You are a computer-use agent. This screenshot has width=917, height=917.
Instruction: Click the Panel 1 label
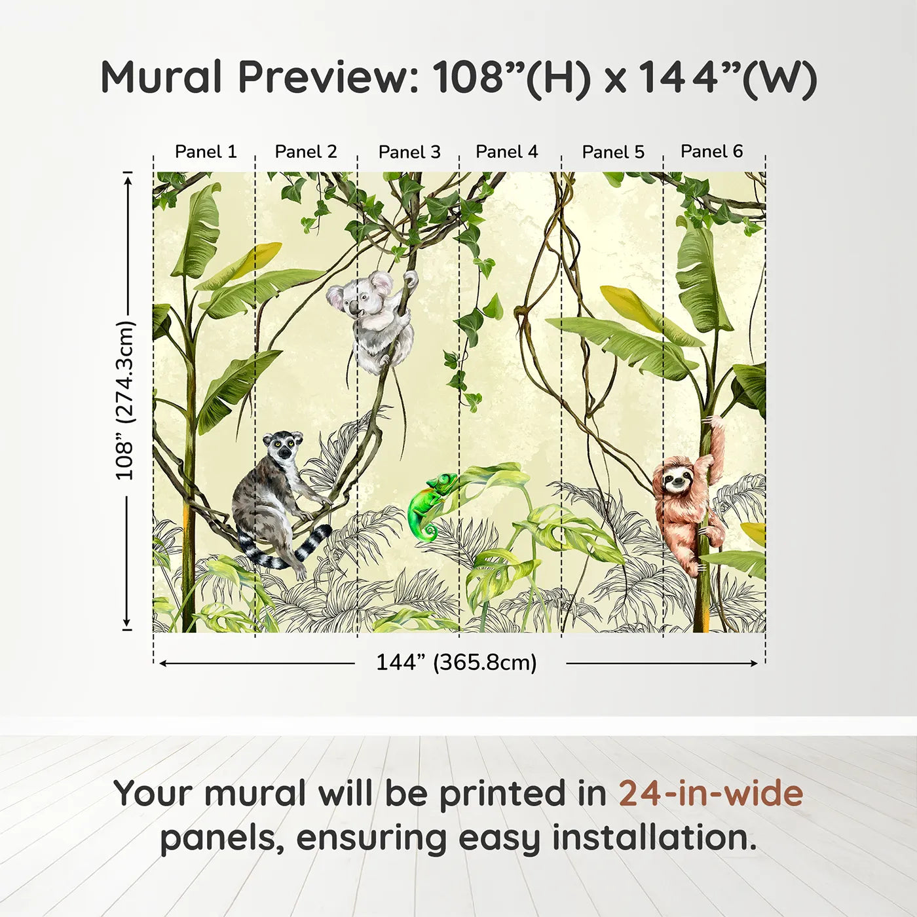tap(206, 152)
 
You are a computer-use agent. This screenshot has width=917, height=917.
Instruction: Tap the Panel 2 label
tap(306, 152)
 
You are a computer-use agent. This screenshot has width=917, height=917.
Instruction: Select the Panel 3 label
tap(409, 152)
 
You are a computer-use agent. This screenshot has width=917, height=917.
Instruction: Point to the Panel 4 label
tap(506, 152)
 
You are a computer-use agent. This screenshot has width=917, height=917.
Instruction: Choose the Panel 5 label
tap(613, 152)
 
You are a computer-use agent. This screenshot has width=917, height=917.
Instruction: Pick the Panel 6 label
tap(711, 151)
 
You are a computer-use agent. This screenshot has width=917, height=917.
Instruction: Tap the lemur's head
tap(284, 447)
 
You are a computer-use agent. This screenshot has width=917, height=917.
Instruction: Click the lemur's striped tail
tap(308, 547)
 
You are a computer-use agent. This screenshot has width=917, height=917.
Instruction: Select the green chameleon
tap(429, 501)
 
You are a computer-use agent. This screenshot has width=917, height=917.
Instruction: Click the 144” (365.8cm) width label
tap(456, 662)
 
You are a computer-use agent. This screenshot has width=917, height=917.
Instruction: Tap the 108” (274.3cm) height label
tap(124, 400)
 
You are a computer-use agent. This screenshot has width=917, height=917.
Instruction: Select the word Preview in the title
tap(327, 77)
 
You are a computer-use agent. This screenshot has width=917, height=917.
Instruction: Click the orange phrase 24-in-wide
tap(711, 793)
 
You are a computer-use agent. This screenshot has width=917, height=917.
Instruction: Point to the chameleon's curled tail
tap(429, 531)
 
